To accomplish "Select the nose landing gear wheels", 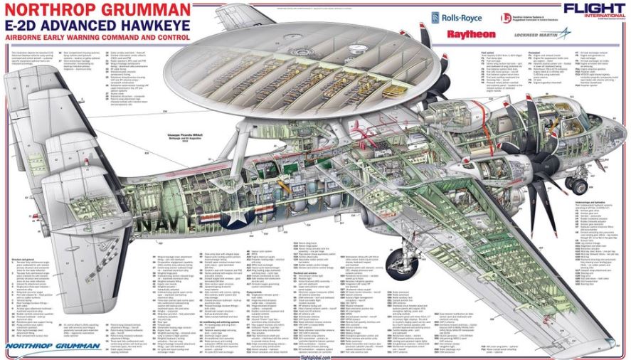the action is tap(575, 184).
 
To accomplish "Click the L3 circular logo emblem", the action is tap(506, 18).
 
